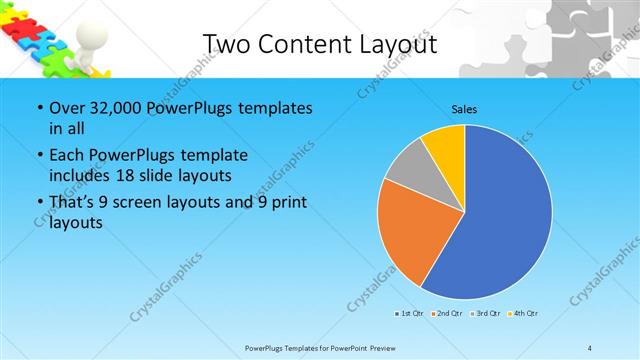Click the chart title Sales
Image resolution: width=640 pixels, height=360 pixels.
point(464,108)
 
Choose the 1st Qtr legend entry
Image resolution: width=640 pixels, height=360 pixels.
point(407,314)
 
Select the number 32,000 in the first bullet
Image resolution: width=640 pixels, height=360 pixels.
point(114,108)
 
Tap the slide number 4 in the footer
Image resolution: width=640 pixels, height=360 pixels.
point(591,348)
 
